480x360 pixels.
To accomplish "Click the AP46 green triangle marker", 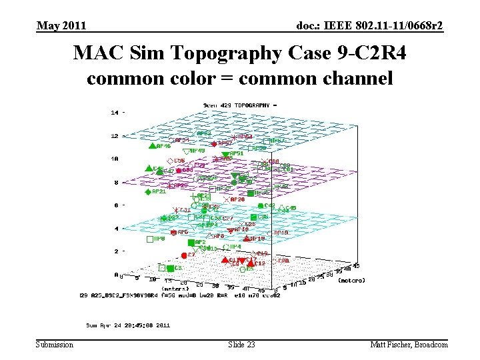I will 152,145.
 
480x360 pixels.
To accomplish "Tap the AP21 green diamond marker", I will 148,192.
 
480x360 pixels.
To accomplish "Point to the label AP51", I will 237,153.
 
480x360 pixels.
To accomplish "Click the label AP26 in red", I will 237,199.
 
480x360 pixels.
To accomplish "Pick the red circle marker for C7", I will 183,255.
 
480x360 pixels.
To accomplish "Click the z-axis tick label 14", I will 114,113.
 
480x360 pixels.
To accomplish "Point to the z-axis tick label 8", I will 116,182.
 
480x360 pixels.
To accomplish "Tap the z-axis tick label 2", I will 116,251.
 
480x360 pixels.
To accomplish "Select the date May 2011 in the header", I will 61,26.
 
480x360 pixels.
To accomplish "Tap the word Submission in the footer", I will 55,344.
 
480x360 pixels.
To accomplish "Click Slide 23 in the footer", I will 241,344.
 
